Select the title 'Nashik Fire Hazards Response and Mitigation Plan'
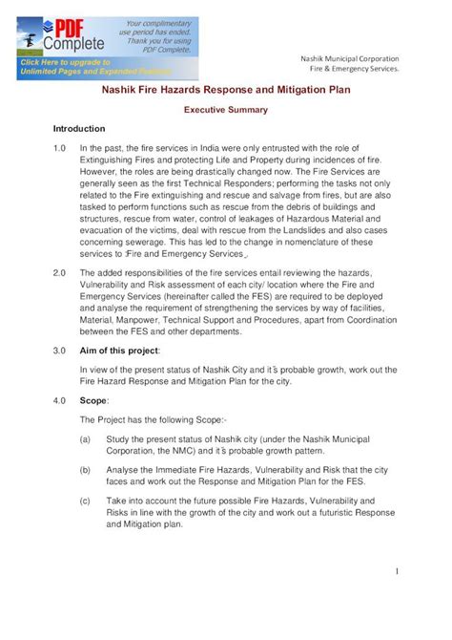pyautogui.click(x=225, y=91)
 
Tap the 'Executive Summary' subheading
pyautogui.click(x=225, y=110)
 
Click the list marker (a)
pyautogui.click(x=86, y=438)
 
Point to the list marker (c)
pyautogui.click(x=86, y=501)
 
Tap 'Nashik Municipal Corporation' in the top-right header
pyautogui.click(x=349, y=58)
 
